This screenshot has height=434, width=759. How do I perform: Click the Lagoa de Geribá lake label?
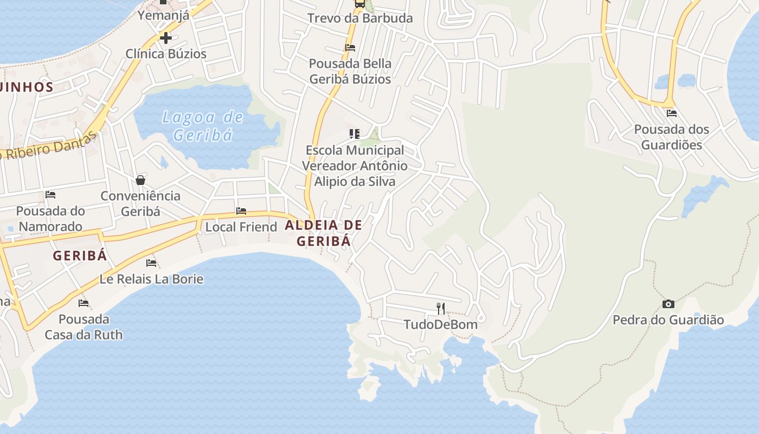click(203, 126)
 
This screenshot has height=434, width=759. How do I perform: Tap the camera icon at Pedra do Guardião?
click(668, 304)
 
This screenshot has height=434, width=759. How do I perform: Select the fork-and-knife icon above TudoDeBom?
click(441, 309)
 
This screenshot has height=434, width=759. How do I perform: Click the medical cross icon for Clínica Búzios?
click(166, 38)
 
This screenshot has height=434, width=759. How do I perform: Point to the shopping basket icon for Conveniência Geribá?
click(140, 180)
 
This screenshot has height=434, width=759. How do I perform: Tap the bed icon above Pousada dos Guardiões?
click(672, 113)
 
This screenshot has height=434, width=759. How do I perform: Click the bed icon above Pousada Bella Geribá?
click(350, 48)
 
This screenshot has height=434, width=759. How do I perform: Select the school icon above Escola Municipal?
click(355, 133)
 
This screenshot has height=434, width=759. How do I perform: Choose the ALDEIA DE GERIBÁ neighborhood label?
click(323, 233)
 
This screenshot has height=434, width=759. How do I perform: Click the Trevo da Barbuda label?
click(360, 18)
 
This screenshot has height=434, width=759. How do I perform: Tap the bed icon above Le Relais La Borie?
click(151, 263)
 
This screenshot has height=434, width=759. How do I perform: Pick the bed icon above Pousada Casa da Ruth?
click(83, 303)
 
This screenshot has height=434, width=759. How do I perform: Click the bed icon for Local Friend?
click(241, 211)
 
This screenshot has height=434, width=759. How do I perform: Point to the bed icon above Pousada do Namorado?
click(50, 195)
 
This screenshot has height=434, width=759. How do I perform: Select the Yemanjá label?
click(163, 15)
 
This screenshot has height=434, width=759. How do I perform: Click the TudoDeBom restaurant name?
click(440, 324)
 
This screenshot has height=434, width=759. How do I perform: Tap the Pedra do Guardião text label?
click(668, 320)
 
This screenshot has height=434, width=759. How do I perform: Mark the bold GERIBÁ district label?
click(80, 256)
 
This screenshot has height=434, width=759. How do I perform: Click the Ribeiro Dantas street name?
click(49, 146)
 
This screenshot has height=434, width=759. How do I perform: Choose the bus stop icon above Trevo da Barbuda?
click(359, 4)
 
